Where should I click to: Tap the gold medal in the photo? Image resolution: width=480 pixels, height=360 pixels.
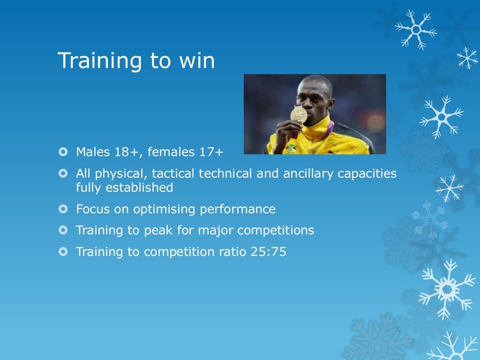click(299, 115)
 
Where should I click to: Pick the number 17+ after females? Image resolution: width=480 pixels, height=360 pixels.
click(211, 152)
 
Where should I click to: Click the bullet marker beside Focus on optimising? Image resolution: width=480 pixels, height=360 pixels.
click(63, 209)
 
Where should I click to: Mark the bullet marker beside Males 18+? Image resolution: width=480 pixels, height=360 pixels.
click(63, 152)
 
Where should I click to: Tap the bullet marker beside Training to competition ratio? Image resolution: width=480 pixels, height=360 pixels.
click(63, 252)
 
